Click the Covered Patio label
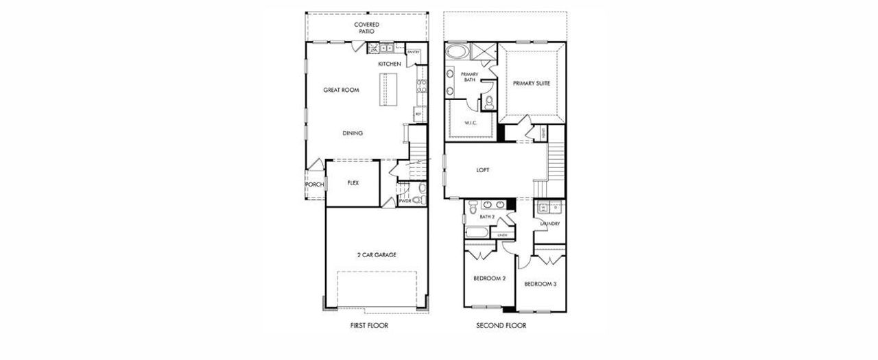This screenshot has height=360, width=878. tap(366, 27)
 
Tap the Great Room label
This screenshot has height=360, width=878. tap(341, 90)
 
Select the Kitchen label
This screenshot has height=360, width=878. tap(390, 64)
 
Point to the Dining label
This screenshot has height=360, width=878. tap(353, 133)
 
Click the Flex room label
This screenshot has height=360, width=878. tap(353, 183)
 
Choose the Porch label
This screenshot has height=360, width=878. tap(315, 184)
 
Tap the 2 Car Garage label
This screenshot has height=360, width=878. tap(376, 254)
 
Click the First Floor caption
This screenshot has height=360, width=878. tap(368, 326)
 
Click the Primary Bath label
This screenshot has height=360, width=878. tap(469, 77)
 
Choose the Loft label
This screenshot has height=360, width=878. tap(483, 170)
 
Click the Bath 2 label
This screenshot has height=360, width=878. tap(487, 217)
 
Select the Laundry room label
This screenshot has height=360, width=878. tap(550, 224)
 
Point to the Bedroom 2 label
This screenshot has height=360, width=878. tap(489, 278)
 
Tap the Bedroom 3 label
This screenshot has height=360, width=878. tap(541, 284)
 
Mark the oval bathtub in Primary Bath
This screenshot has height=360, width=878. tap(456, 51)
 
